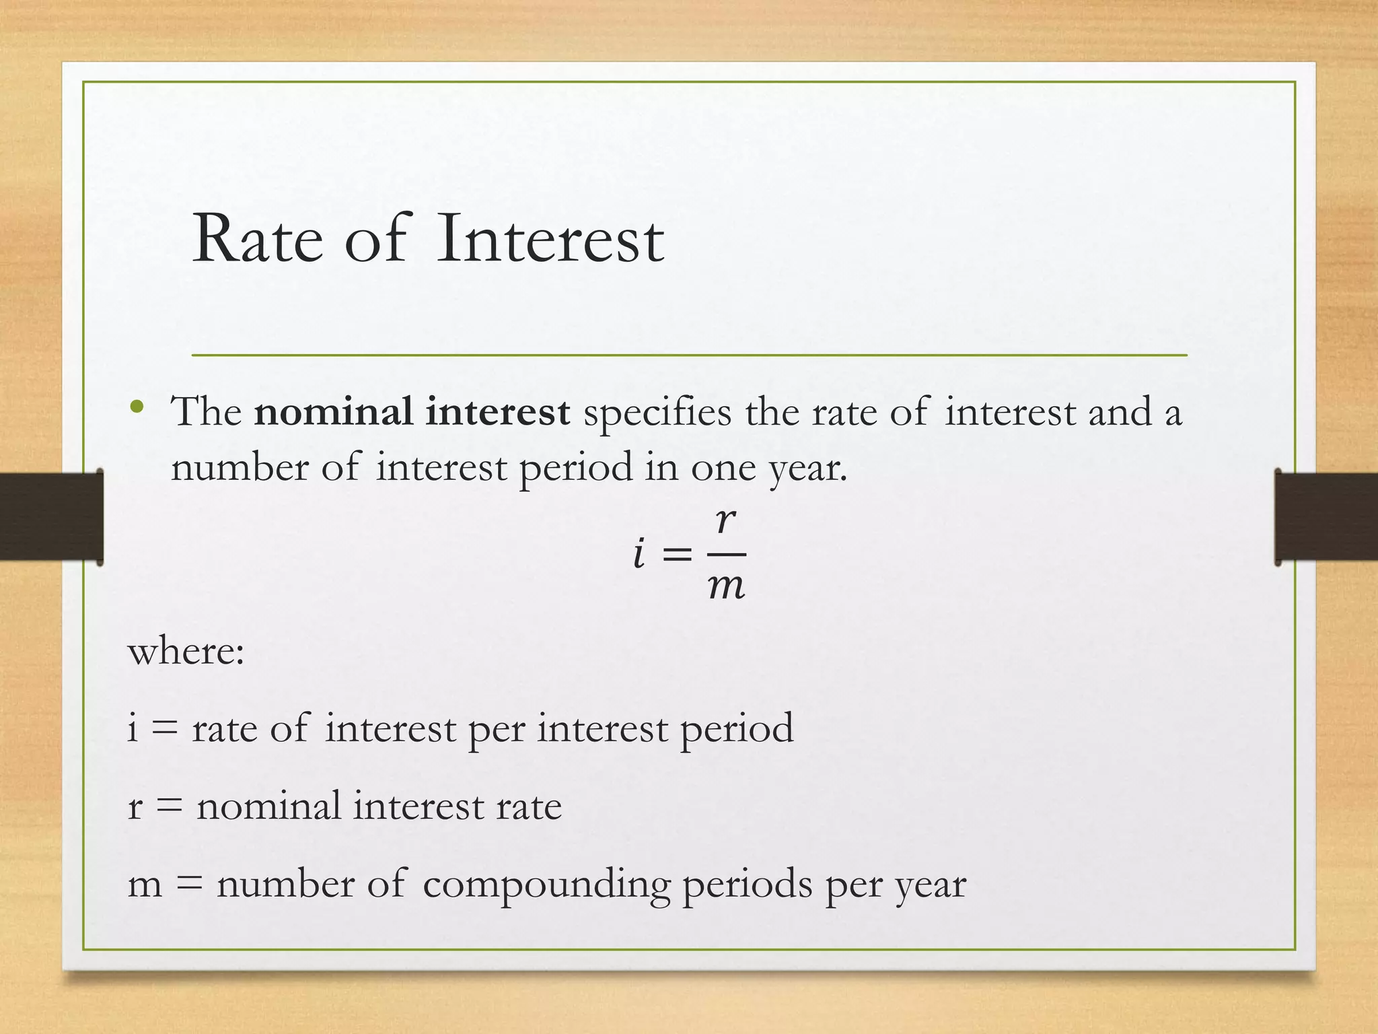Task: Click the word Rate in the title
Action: (257, 240)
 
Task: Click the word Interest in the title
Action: (550, 240)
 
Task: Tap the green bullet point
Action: (137, 406)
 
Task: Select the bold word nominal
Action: (333, 412)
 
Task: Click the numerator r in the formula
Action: (726, 520)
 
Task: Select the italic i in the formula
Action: (639, 554)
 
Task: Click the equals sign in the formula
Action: (677, 555)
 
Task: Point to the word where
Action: (186, 652)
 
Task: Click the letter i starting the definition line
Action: (133, 728)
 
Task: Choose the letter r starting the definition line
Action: (135, 806)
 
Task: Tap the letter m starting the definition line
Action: (145, 884)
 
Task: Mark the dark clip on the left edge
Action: (51, 517)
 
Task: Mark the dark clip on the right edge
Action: (1326, 517)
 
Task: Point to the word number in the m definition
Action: (285, 884)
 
